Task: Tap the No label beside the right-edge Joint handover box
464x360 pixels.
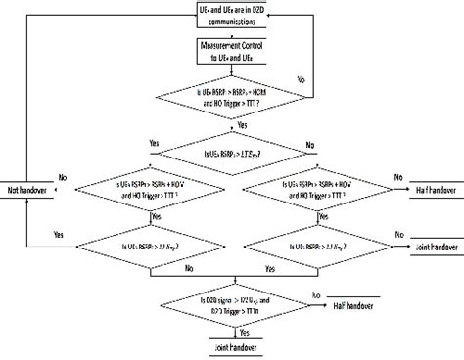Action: tap(398, 208)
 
